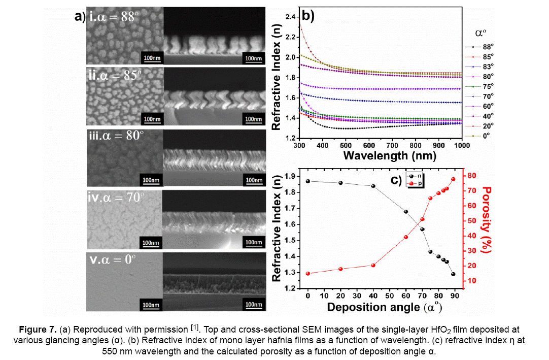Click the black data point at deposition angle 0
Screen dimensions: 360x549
pos(307,181)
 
